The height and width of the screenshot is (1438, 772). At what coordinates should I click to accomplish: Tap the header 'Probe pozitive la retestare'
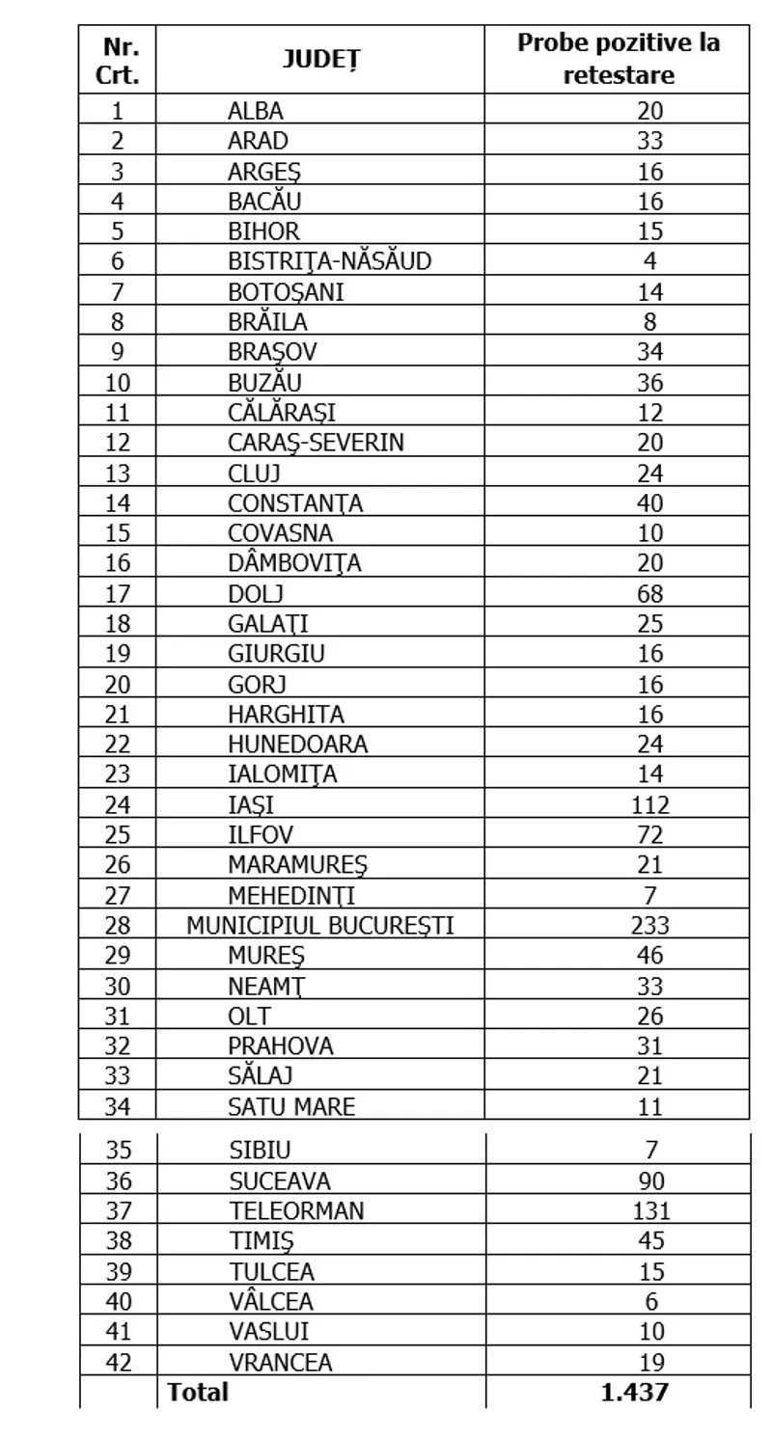(x=619, y=59)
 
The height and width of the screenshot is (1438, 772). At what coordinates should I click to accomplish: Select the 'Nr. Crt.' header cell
(x=118, y=60)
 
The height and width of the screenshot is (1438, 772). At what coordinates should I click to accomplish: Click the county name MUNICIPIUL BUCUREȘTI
(x=320, y=926)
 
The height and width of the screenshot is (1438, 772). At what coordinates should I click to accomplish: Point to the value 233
(x=649, y=926)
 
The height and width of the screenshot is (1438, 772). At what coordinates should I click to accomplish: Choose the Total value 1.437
(x=634, y=1392)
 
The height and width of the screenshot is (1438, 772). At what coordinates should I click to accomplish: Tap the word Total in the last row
(x=198, y=1392)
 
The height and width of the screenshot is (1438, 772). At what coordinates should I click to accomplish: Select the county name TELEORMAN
(x=297, y=1210)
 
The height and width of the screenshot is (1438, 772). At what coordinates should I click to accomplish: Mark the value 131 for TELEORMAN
(x=649, y=1210)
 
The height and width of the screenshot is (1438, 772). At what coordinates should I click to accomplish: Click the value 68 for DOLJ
(x=650, y=593)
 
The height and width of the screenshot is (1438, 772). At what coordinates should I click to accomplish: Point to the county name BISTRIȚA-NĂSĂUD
(x=330, y=261)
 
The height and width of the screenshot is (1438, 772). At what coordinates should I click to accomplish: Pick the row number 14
(x=118, y=503)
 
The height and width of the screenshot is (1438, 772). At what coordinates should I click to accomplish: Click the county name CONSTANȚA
(x=295, y=503)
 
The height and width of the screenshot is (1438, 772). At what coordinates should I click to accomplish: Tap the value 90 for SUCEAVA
(x=651, y=1180)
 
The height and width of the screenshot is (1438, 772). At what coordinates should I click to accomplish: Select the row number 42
(x=118, y=1362)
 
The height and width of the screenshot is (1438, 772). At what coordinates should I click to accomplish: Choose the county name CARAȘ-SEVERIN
(x=316, y=443)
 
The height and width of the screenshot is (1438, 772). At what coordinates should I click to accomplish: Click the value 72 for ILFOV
(x=650, y=835)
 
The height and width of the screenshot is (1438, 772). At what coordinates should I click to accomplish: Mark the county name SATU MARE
(x=291, y=1106)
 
